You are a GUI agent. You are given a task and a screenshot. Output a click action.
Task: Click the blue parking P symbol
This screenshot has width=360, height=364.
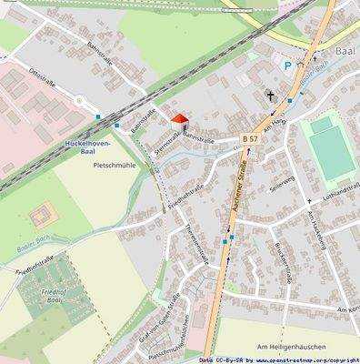tap(287, 66)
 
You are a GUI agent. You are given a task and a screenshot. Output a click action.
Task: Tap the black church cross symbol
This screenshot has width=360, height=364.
tap(270, 95)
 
